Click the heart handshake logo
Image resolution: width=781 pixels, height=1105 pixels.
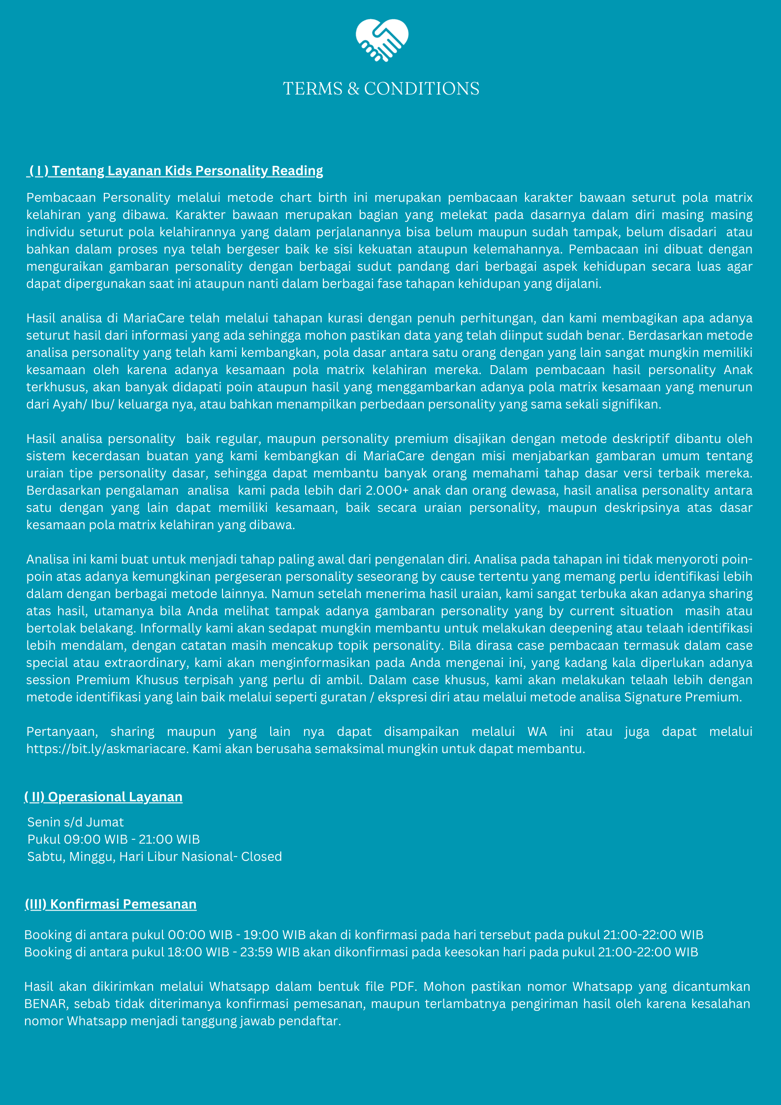382,40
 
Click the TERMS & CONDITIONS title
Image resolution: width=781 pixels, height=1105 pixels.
381,89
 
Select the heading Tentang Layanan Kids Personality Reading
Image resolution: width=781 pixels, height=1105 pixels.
176,171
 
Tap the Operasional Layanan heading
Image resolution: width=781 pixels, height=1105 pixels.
103,797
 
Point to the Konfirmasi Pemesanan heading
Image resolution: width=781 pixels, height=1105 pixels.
111,904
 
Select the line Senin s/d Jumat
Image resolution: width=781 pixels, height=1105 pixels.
75,822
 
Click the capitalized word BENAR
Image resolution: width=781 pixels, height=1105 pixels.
45,1004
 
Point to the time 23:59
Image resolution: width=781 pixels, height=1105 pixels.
256,952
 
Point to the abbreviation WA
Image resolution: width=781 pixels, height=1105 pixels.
537,732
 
